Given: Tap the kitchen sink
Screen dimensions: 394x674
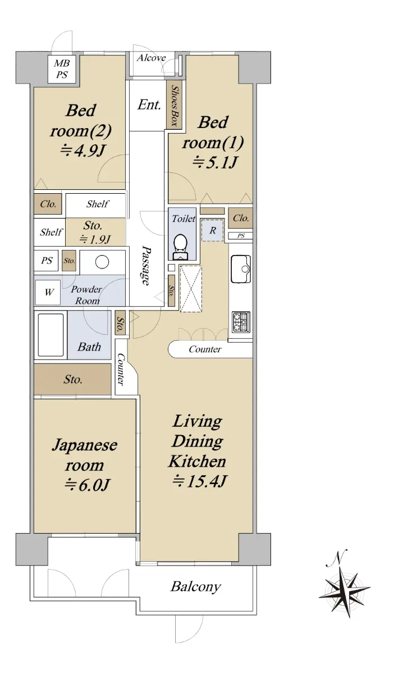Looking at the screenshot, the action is pos(241,268).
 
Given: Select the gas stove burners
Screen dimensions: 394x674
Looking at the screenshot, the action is pos(241,322).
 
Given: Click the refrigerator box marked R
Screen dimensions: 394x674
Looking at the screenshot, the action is pos(213,230).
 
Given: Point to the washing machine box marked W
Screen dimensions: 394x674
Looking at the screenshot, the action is pos(48,292).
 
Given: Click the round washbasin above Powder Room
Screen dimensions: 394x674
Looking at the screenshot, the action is pos(102,262).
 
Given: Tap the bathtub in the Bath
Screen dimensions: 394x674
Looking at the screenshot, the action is pos(51,335).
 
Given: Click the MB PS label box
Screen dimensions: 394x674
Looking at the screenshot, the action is pos(62,69).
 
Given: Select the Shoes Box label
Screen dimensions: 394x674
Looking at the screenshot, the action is pos(175,106).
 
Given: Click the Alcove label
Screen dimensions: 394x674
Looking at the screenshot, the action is pos(152,57).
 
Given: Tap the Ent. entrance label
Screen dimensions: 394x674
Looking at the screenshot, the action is pos(149,105).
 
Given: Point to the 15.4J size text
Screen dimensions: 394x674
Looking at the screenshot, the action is pos(199,481).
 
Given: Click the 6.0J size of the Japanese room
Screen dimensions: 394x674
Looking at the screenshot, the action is pos(86,485).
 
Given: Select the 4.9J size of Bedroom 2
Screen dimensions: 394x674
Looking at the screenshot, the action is pos(82,150).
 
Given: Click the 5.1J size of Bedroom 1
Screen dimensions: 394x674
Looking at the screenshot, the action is pos(215,163).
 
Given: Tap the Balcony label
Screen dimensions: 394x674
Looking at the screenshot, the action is pos(196,586).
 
